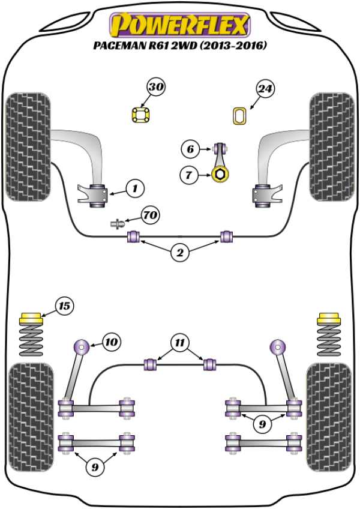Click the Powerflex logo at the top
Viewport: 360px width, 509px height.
pyautogui.click(x=178, y=25)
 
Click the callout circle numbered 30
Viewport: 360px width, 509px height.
pyautogui.click(x=156, y=88)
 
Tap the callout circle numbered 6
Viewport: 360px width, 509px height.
pyautogui.click(x=190, y=148)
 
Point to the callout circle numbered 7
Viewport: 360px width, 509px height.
pyautogui.click(x=190, y=175)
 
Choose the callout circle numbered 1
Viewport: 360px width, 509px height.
pyautogui.click(x=135, y=188)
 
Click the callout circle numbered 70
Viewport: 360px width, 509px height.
pyautogui.click(x=150, y=214)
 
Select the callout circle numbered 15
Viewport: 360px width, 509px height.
pyautogui.click(x=64, y=306)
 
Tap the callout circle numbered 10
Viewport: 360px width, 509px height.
pyautogui.click(x=110, y=343)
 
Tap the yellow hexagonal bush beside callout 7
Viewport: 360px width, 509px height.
pyautogui.click(x=220, y=175)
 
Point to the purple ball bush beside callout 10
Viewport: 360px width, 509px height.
pyautogui.click(x=80, y=346)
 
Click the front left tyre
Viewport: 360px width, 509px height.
pyautogui.click(x=27, y=145)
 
